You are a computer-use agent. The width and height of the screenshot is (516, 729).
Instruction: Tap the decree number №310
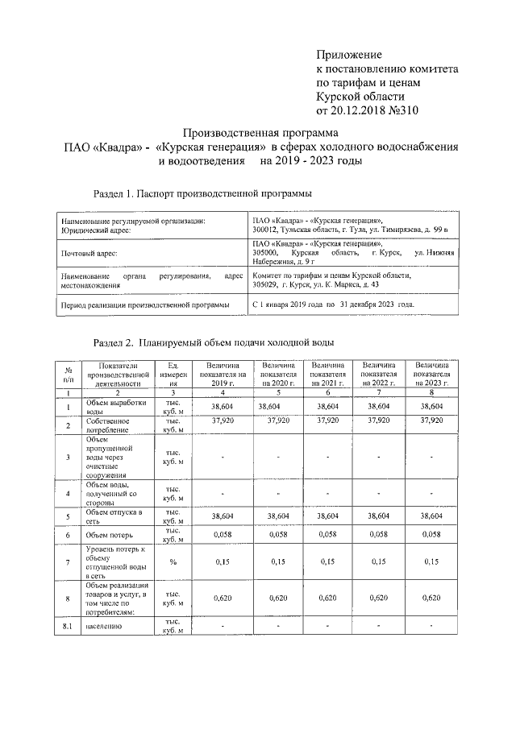(x=405, y=110)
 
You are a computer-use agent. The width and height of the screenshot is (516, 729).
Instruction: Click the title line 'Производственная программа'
(x=261, y=132)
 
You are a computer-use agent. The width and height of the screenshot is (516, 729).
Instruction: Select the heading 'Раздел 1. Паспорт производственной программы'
(x=202, y=193)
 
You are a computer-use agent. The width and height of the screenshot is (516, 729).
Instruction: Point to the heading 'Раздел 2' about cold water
(x=213, y=343)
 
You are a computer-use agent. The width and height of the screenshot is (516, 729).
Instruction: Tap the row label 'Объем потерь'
(x=108, y=535)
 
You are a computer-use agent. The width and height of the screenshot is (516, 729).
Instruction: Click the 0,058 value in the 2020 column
(x=277, y=534)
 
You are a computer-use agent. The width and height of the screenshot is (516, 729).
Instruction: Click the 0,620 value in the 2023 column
(x=432, y=598)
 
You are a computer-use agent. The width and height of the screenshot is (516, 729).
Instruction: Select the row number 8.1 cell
(x=68, y=626)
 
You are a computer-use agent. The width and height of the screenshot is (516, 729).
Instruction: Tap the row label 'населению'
(x=102, y=626)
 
